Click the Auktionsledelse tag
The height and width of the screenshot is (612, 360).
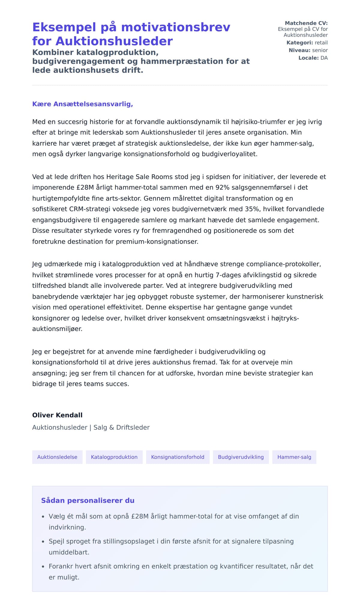click(57, 457)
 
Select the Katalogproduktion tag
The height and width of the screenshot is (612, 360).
click(114, 457)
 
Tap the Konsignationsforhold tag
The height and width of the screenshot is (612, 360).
click(178, 457)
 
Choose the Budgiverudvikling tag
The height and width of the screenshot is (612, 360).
click(241, 457)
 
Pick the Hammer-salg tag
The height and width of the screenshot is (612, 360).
click(294, 457)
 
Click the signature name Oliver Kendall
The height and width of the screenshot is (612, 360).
click(57, 415)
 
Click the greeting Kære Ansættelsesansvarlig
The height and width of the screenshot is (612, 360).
click(82, 104)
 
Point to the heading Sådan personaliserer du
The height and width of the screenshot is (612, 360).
click(88, 500)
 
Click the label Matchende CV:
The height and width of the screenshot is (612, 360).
click(306, 23)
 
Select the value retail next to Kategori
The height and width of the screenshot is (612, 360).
click(321, 43)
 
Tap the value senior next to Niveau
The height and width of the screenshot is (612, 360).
click(320, 50)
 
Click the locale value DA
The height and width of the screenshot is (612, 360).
click(324, 58)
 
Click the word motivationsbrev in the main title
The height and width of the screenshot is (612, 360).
click(175, 27)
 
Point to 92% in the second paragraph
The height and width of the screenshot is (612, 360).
click(222, 187)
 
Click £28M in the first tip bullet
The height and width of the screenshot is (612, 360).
click(140, 516)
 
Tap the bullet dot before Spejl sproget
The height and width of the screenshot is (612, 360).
click(43, 542)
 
